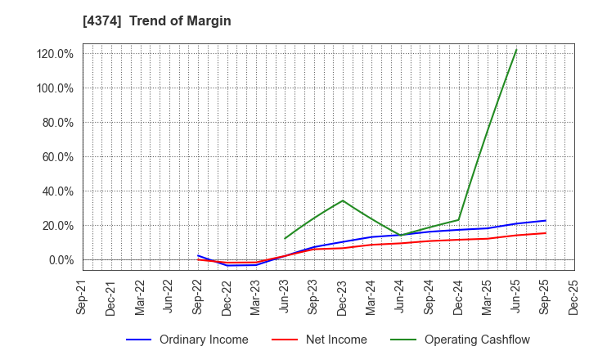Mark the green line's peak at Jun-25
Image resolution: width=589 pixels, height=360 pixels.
[x=516, y=50]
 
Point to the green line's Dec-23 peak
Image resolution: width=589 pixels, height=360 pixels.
[x=343, y=200]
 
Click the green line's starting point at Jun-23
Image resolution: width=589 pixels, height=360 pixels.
[x=285, y=239]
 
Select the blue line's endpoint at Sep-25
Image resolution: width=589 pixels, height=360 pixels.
[x=546, y=220]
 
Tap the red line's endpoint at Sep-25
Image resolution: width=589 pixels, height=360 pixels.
[x=546, y=233]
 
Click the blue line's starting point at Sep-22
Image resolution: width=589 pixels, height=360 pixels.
[x=198, y=255]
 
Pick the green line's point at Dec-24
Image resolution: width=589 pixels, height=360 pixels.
[x=459, y=220]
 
